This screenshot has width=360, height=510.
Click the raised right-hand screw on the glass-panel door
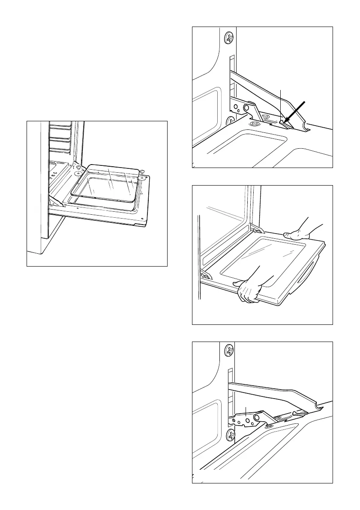tap(142, 172)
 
